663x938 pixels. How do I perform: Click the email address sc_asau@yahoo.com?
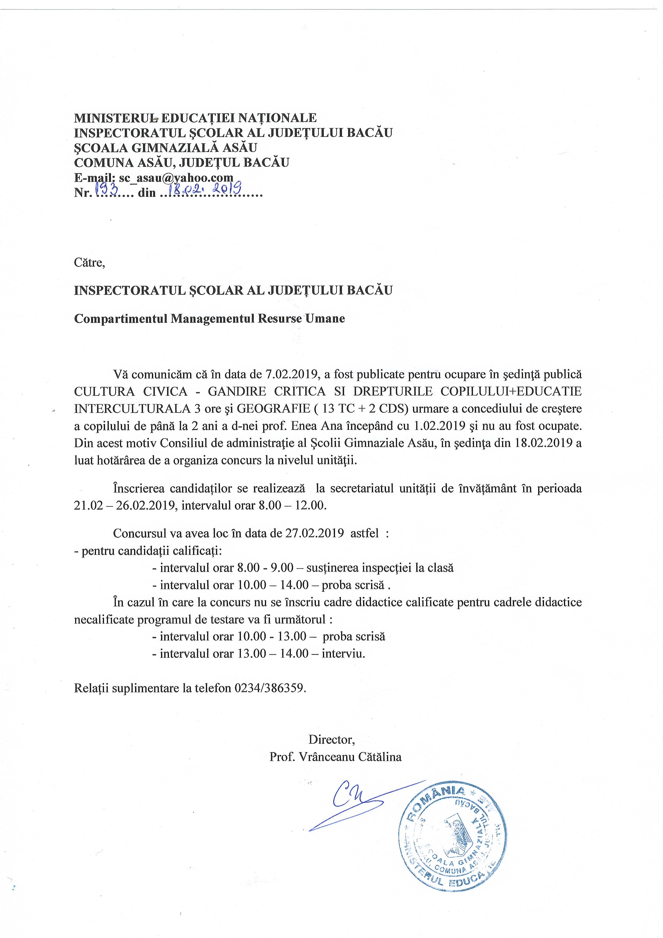[176, 178]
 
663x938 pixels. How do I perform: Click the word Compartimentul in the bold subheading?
[121, 319]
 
